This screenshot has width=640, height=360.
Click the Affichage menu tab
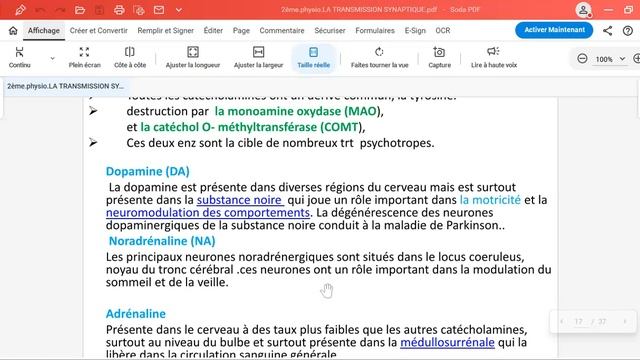point(43,31)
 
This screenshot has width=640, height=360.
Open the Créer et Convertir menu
point(98,31)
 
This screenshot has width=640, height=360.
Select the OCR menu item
point(442,31)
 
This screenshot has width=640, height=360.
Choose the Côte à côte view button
point(128,57)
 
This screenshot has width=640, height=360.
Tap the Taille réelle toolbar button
point(313,57)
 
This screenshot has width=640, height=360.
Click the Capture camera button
point(439,57)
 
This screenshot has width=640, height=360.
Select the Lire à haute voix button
point(494,57)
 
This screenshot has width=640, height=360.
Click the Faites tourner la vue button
point(379,57)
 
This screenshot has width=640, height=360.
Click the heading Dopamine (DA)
point(147,171)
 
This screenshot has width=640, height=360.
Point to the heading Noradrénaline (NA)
point(161,242)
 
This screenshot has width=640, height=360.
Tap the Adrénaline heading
point(135,314)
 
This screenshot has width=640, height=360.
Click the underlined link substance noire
point(239,201)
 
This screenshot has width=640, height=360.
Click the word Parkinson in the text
point(474,227)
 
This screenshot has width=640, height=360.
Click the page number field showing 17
point(578,322)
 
